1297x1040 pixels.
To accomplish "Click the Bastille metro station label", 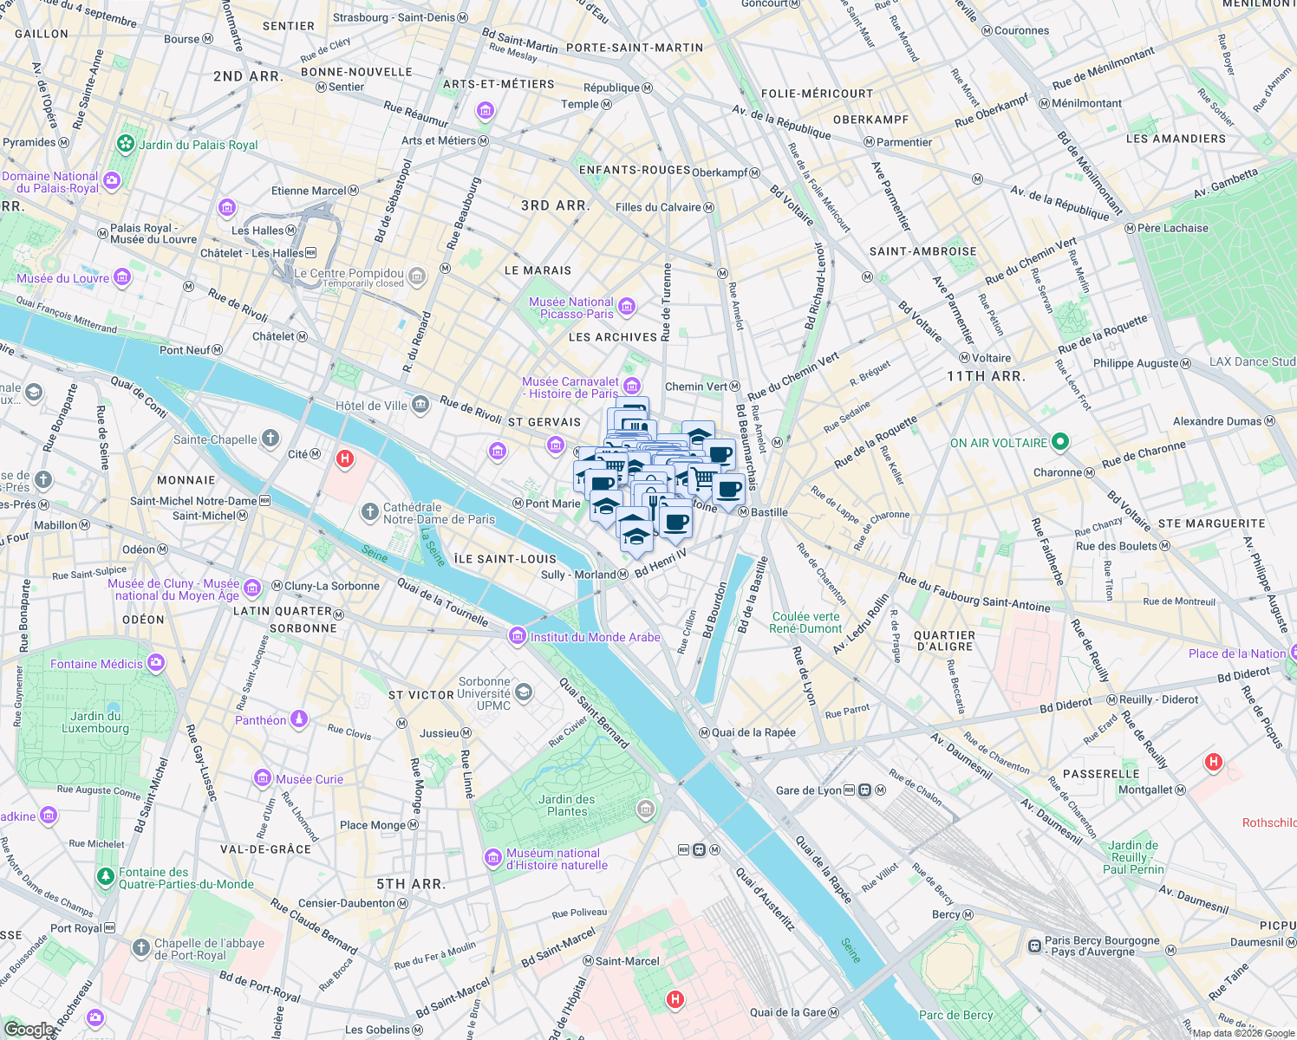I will coord(769,512).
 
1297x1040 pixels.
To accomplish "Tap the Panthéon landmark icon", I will coord(298,719).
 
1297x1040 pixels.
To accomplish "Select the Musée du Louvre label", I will coord(63,278).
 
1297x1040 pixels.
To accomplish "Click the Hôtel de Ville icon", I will coord(420,405).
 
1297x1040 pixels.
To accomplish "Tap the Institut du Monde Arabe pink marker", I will coord(518,637).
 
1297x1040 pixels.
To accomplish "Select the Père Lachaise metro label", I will coord(1172,228).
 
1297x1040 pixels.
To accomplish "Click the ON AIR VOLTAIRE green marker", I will coord(1059,443).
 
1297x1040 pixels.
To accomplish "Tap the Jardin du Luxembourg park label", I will coord(95,722).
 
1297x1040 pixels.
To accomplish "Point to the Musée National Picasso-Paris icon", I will coord(627,306).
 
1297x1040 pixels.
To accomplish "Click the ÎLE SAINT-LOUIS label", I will coord(505,559).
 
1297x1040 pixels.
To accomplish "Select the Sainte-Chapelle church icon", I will coord(270,439).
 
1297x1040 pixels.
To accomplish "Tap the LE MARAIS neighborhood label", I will coord(538,270).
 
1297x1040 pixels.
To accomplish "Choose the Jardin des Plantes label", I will coord(567,805).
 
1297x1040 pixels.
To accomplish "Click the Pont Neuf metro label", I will coord(185,350).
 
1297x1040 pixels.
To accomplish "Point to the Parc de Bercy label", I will coord(955,1015).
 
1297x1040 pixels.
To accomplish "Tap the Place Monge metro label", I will coord(372,825).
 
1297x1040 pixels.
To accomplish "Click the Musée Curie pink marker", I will coord(263,778).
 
